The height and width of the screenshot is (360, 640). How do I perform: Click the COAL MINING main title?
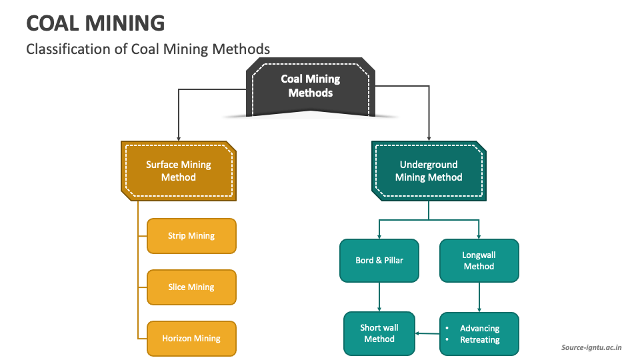(95, 23)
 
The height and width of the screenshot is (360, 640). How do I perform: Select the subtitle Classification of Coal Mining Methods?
(148, 49)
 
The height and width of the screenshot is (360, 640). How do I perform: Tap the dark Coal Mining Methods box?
(310, 86)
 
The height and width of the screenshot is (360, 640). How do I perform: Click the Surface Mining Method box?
(178, 171)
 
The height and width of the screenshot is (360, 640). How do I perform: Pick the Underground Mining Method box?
(429, 171)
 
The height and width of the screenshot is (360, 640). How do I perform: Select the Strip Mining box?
(191, 236)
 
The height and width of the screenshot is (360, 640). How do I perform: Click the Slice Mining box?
(191, 287)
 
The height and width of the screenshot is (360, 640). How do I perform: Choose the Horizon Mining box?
(191, 339)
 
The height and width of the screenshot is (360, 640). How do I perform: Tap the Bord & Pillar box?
(379, 260)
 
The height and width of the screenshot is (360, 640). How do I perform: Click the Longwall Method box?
(479, 260)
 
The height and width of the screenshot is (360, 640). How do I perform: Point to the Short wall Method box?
(379, 333)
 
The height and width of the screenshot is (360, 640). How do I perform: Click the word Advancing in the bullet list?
(479, 328)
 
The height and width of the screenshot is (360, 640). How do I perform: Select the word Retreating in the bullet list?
(479, 340)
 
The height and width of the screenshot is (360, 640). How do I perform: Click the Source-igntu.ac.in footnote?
(592, 347)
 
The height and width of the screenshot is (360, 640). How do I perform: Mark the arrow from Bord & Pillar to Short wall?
(379, 297)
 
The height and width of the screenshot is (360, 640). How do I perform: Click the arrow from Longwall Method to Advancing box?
(479, 297)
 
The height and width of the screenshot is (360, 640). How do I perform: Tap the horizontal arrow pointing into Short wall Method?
(427, 333)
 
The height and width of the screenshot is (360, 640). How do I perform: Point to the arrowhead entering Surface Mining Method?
(178, 136)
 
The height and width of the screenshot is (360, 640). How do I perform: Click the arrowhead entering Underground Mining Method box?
(429, 136)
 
